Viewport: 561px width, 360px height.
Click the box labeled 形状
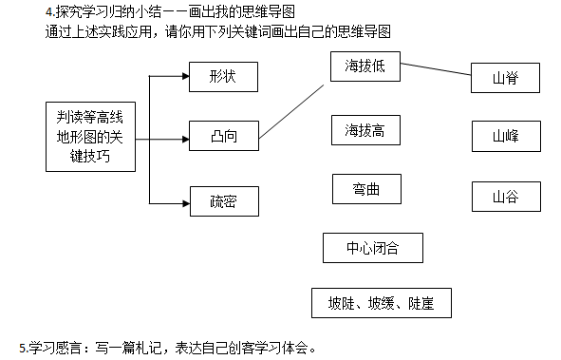coord(223,77)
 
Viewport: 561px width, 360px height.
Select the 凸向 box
coord(224,136)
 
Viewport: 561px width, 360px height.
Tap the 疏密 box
coord(224,201)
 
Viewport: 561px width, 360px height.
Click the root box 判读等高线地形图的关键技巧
coord(90,137)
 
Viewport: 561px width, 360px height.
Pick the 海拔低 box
coord(365,66)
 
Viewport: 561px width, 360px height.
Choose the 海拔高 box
coord(365,130)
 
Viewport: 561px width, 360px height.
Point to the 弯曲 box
coord(366,189)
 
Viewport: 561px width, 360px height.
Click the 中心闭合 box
coord(373,248)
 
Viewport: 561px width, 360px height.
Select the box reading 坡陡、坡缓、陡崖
coord(382,303)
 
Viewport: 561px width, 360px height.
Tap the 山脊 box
coord(505,78)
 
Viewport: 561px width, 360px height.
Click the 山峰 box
coord(506,136)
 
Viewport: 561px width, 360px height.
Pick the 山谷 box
coord(506,197)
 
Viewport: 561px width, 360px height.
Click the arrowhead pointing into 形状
coord(186,76)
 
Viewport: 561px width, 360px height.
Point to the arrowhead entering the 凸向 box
coord(186,140)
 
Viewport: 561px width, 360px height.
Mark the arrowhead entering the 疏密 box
coord(186,203)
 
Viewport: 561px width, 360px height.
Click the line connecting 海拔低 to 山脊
coord(436,69)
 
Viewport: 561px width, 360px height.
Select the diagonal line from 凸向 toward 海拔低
coord(291,112)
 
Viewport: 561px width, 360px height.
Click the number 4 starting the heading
coord(49,12)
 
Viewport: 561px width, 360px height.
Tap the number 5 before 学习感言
coord(22,348)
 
